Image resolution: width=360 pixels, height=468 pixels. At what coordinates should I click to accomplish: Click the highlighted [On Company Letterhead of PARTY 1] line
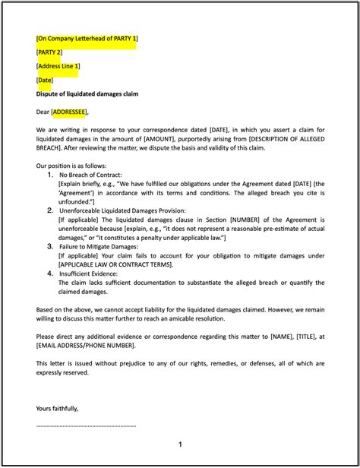coord(86,38)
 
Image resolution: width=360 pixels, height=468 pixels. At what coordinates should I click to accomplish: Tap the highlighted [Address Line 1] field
coord(58,66)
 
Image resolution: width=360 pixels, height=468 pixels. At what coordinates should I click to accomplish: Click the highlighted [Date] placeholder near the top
coord(45,81)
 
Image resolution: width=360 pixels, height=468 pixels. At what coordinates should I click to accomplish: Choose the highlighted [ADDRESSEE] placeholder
coord(69,112)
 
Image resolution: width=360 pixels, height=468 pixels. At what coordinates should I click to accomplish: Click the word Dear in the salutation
coord(43,112)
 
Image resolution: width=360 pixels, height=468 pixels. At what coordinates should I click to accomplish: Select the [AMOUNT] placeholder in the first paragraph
coord(181,140)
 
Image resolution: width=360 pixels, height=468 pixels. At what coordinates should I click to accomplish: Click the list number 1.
coord(51,175)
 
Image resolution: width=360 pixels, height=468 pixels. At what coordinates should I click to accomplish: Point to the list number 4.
coord(51,273)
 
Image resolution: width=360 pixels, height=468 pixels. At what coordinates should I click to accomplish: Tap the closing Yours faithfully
coord(57,408)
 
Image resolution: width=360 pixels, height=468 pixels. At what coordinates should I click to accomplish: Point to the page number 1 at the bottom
coord(180,444)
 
